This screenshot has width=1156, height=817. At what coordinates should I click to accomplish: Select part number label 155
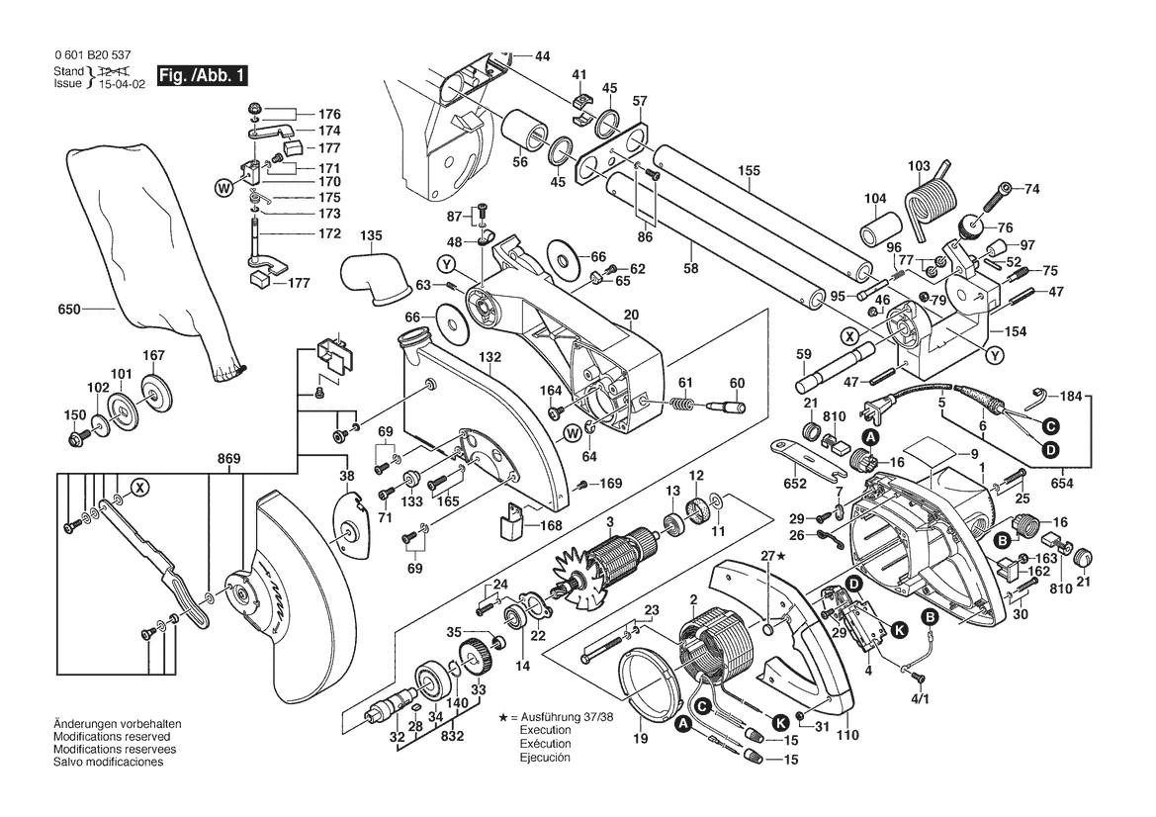(749, 170)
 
